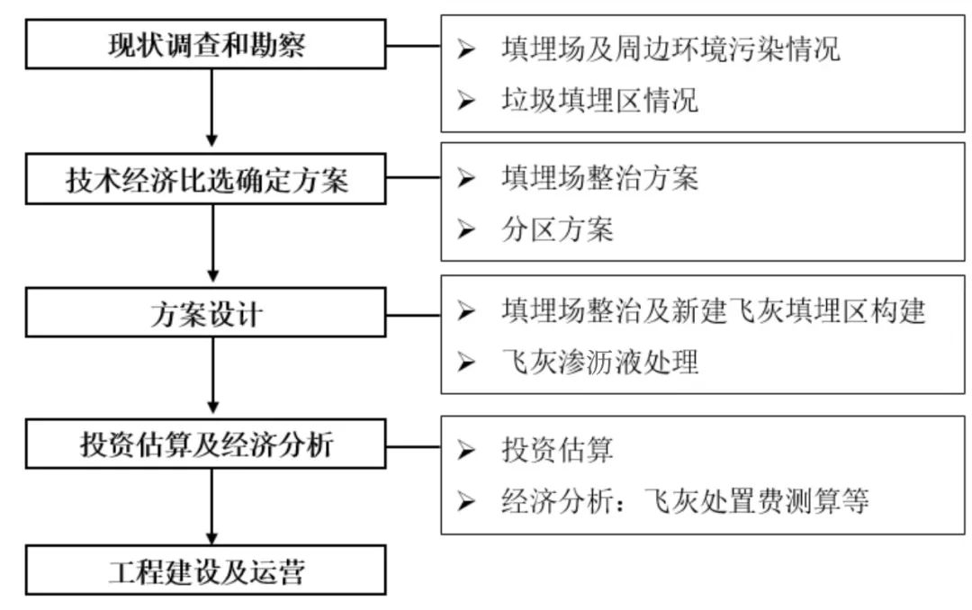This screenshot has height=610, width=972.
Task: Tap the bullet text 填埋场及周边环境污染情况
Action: pos(670,49)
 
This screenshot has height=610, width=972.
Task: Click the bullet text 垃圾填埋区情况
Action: pos(599,99)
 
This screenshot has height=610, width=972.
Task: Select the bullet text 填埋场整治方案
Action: pos(599,178)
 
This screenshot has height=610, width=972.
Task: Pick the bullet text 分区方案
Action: pos(557,230)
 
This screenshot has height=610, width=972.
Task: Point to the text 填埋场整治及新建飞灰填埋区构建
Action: pos(714,311)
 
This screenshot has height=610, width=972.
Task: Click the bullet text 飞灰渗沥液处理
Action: pos(599,362)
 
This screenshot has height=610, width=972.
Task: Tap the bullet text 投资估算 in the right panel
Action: pos(557,448)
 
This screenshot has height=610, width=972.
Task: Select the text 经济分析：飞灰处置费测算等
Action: pos(685,500)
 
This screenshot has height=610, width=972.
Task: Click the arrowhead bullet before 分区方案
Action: pos(465,230)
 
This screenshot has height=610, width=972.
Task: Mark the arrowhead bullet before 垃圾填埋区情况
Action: pos(465,99)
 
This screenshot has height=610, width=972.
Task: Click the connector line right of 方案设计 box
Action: pos(413,314)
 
